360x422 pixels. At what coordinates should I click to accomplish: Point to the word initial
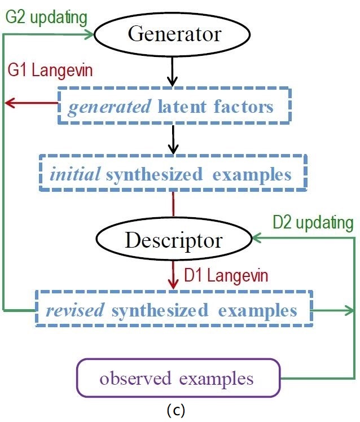click(75, 174)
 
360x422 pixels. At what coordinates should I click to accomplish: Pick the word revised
click(75, 310)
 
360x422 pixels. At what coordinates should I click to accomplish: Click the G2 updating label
click(46, 17)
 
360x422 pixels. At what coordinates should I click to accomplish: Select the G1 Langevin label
click(50, 71)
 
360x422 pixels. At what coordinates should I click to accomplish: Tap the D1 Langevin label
click(226, 275)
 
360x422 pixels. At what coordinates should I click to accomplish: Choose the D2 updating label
click(313, 223)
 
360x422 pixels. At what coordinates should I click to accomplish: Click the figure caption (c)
click(176, 410)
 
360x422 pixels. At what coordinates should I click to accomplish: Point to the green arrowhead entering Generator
click(89, 34)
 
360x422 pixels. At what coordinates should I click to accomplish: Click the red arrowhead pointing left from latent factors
click(10, 103)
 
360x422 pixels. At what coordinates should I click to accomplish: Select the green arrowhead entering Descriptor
click(257, 238)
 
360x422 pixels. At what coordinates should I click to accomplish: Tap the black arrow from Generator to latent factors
click(172, 71)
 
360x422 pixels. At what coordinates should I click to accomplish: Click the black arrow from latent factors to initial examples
click(173, 140)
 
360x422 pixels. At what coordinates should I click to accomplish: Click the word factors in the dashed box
click(244, 107)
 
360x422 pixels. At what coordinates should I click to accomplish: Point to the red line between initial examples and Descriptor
click(173, 204)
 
